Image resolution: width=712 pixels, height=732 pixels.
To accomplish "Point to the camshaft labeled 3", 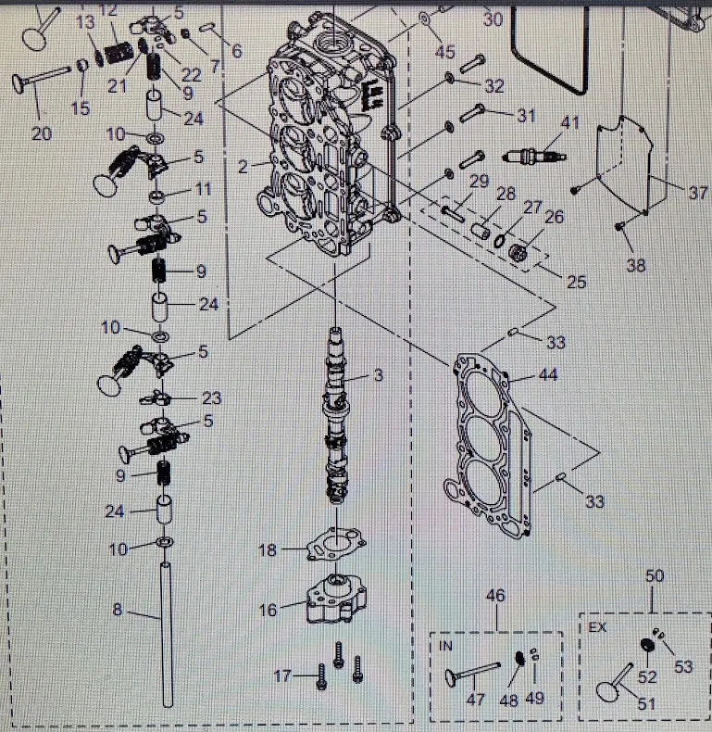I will point(335,417).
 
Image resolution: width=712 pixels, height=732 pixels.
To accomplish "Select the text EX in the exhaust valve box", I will point(597,626).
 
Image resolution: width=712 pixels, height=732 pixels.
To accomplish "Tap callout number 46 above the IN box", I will point(496,595).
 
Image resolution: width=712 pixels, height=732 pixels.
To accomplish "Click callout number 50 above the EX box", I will point(656,576).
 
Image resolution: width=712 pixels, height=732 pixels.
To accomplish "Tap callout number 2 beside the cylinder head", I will point(243,167).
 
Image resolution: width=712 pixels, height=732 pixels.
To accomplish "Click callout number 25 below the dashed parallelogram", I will point(576,282).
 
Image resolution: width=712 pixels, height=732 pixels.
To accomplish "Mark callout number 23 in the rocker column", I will point(212,398).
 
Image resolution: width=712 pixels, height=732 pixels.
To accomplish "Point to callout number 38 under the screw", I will point(635,265).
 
